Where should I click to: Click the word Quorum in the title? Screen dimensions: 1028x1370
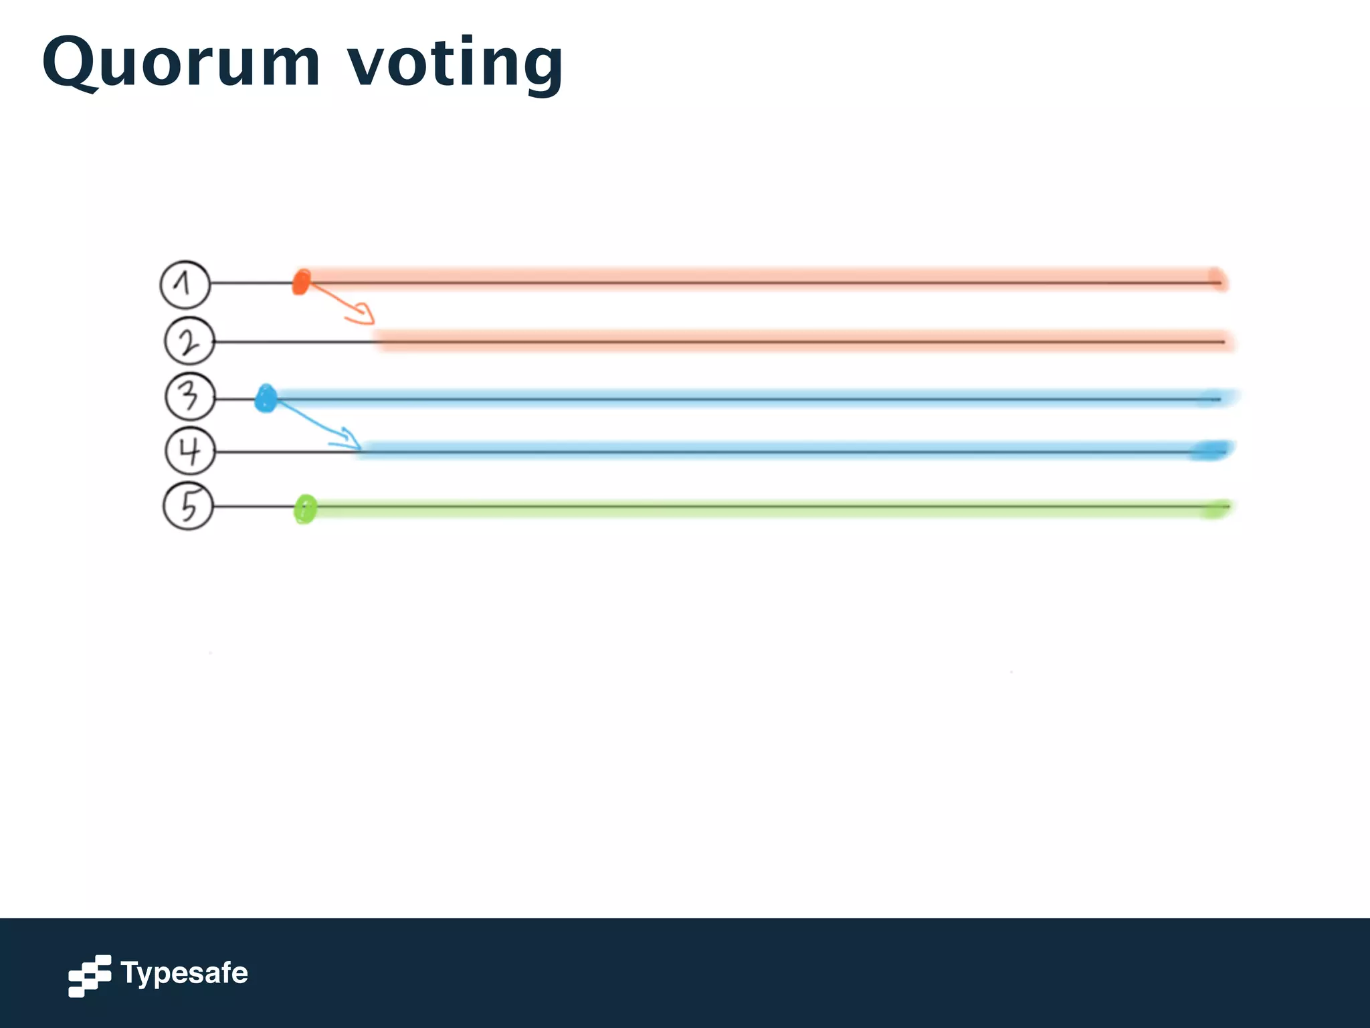tap(181, 64)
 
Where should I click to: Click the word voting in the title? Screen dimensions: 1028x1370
tap(455, 64)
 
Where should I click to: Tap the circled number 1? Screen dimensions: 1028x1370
tap(185, 284)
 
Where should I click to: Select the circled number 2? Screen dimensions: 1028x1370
tap(189, 341)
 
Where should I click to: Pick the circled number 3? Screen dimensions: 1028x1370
tap(190, 397)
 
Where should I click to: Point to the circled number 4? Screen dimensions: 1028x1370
tap(190, 451)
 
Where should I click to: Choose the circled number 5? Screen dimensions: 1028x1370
tap(189, 506)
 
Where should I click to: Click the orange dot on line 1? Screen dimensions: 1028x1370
tap(301, 282)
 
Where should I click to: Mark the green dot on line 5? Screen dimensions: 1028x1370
tap(305, 509)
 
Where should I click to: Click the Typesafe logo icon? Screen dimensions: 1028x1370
tap(89, 975)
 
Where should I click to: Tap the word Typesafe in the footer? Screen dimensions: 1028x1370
tap(184, 973)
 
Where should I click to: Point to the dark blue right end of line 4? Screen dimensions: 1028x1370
tap(1211, 450)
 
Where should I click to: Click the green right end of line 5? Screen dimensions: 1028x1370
tap(1215, 509)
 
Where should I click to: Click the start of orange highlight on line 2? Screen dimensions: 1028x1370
tap(380, 341)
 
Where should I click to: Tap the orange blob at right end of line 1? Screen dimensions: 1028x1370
tap(1217, 278)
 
